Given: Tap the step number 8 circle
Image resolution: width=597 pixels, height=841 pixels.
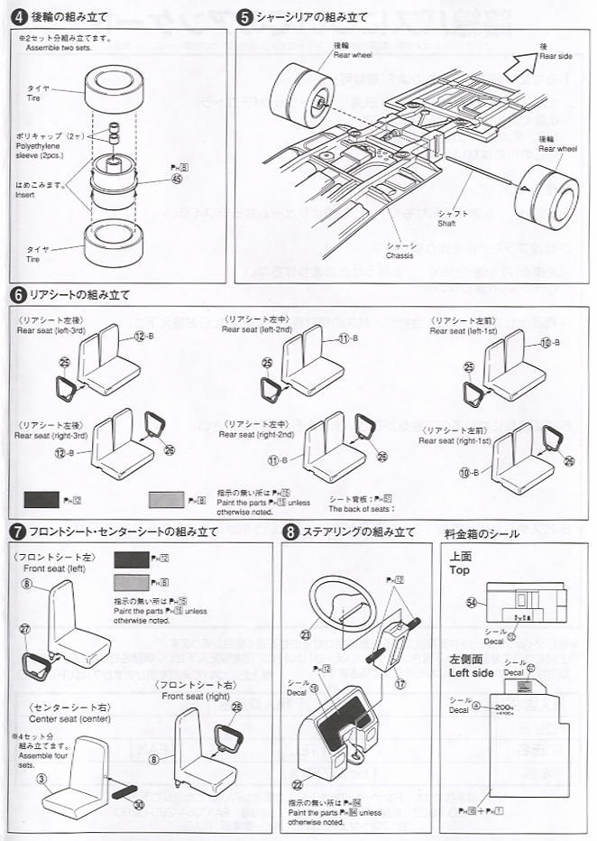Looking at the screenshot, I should pyautogui.click(x=289, y=531).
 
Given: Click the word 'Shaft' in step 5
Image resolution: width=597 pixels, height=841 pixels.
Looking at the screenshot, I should pyautogui.click(x=448, y=224).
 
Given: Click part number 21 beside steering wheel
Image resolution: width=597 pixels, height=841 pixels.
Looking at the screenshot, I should pyautogui.click(x=306, y=635).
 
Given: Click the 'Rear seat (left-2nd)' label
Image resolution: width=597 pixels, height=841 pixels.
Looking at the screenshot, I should pyautogui.click(x=257, y=329).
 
